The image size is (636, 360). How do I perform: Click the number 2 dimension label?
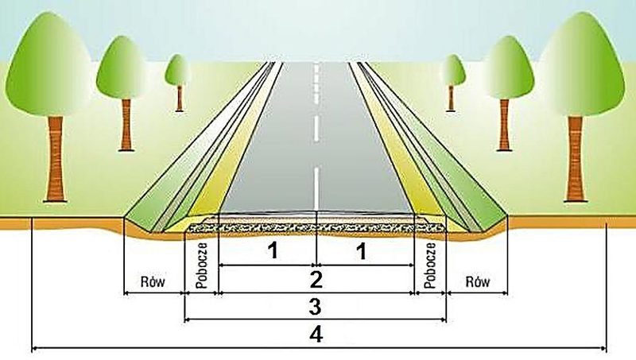coord(316,280)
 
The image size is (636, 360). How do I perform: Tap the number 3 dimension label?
coord(315,307)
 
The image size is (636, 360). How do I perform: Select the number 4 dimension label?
coord(316,335)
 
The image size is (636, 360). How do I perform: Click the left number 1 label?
coord(273,250)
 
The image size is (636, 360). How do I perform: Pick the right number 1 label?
coord(361,250)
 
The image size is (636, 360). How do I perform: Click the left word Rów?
coord(153,281)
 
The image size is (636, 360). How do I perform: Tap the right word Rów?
coord(478,281)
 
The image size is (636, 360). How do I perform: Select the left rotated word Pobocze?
coord(202,265)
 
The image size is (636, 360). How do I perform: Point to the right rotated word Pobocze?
coord(430,265)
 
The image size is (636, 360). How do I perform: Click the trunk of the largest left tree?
coord(56,159)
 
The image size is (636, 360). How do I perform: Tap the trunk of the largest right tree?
coord(575,159)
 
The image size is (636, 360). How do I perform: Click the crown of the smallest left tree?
coord(177,70)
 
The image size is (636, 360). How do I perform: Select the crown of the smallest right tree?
coord(452,70)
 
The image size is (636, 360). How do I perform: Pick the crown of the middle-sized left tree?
coord(121,68)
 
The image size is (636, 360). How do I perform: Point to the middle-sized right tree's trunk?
coord(504,125)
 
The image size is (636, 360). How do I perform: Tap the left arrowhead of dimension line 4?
coord(34,348)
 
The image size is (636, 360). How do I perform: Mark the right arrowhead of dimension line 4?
coord(603,348)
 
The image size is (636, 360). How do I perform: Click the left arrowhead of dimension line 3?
coord(188,320)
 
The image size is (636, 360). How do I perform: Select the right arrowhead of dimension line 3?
coord(443,320)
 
